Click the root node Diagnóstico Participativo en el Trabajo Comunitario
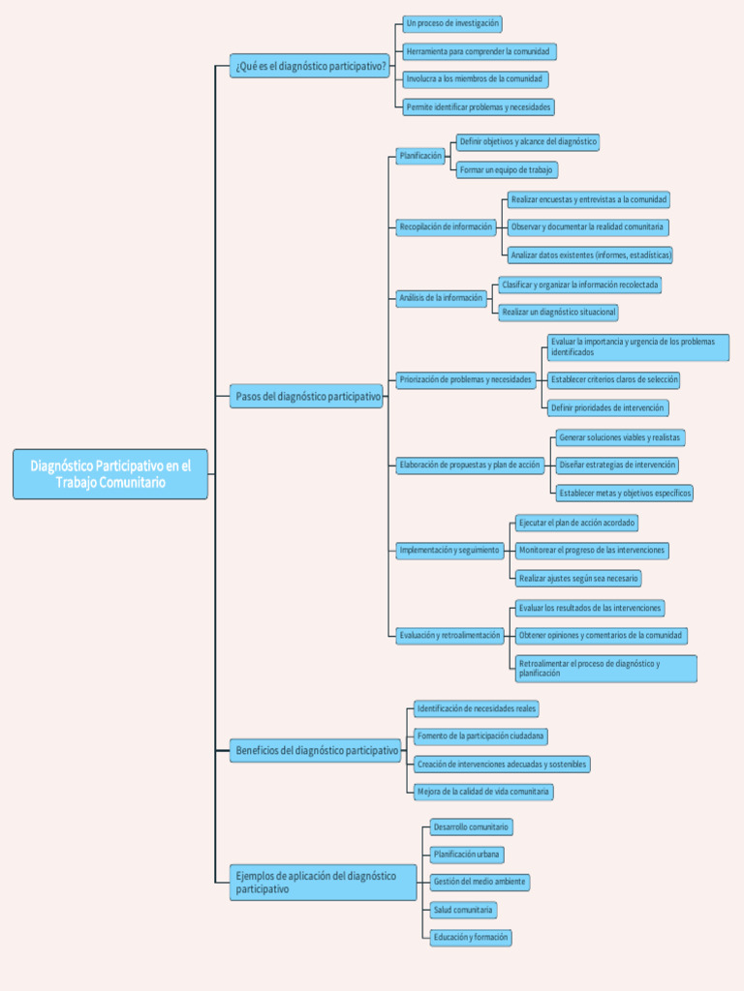pos(110,474)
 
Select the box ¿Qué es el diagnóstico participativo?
pos(310,67)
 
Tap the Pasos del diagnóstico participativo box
pos(307,397)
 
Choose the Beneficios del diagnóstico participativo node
pos(316,750)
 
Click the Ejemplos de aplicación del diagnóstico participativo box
pos(323,883)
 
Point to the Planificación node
pos(420,156)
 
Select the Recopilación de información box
pos(446,227)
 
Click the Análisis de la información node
pos(441,298)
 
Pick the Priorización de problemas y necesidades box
pos(466,380)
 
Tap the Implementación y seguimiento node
pos(449,551)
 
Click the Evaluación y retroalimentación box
pos(450,636)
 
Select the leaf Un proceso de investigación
pos(452,23)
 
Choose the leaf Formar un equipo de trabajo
pos(506,170)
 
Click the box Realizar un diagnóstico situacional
pos(558,313)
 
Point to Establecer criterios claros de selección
pos(614,380)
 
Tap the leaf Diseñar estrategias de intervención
pos(616,465)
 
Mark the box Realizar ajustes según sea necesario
pos(577,579)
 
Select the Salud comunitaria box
pos(463,911)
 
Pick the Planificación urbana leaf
pos(467,856)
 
